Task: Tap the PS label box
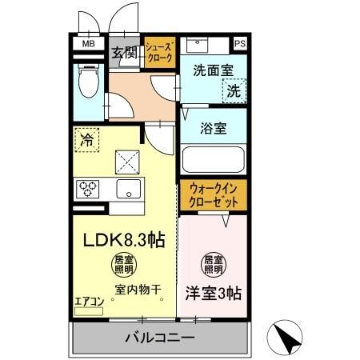pos(240,44)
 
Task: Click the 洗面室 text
pos(213,70)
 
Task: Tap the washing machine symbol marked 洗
pos(233,91)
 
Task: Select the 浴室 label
pos(213,126)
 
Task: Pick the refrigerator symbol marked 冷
pos(86,140)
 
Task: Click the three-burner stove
pos(88,189)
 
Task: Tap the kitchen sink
pos(128,189)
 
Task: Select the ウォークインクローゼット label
pos(214,196)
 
